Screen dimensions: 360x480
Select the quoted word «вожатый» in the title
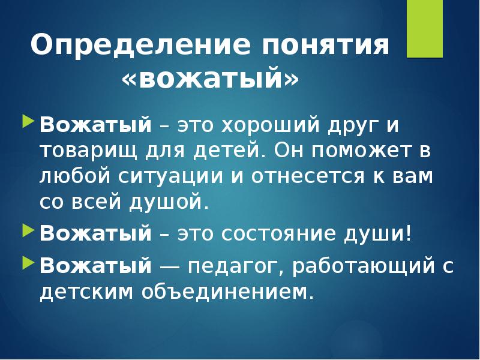210,79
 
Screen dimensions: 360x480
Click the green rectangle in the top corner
425,28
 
